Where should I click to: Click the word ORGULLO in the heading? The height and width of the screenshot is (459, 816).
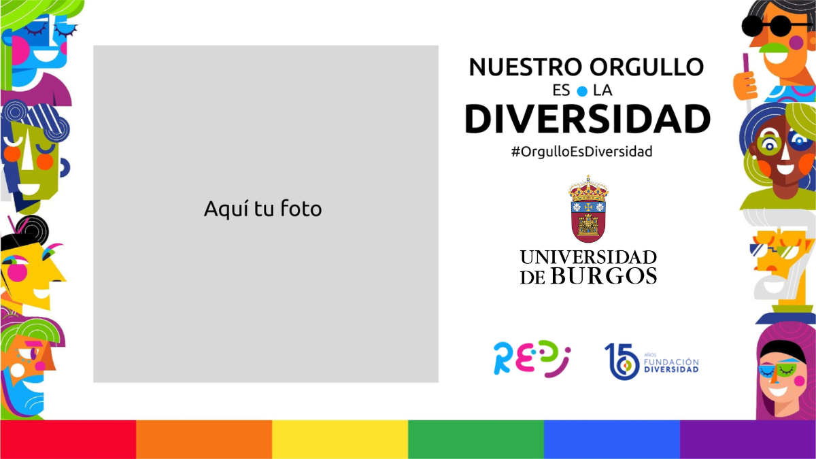tap(647, 67)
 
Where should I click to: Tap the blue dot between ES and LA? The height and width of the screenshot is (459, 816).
tap(582, 91)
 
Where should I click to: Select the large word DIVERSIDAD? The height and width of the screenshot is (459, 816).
tap(588, 119)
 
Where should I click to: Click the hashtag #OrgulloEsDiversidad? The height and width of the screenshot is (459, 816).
tap(582, 152)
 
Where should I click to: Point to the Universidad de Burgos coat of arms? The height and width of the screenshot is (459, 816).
tap(588, 209)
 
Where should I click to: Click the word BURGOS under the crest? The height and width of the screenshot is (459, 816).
tap(604, 276)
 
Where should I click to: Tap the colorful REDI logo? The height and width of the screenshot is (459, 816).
tap(532, 359)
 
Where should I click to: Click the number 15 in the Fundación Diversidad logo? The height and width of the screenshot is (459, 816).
tap(622, 361)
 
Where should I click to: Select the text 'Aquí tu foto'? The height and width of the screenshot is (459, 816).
tap(262, 209)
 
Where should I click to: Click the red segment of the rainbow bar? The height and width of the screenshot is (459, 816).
tap(68, 439)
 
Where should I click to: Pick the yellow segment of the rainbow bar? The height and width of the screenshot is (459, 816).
tap(340, 439)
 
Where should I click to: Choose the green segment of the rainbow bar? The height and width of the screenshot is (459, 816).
tap(476, 439)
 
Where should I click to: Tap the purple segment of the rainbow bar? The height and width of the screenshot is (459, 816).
tap(748, 439)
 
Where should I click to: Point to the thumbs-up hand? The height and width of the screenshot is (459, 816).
tap(745, 83)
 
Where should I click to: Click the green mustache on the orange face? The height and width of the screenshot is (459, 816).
tap(775, 48)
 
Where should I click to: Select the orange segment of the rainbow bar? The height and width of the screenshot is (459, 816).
tap(204, 439)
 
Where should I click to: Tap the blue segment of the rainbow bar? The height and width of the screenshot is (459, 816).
tap(612, 439)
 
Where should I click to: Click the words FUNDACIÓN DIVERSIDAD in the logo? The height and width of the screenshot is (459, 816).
tap(671, 365)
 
